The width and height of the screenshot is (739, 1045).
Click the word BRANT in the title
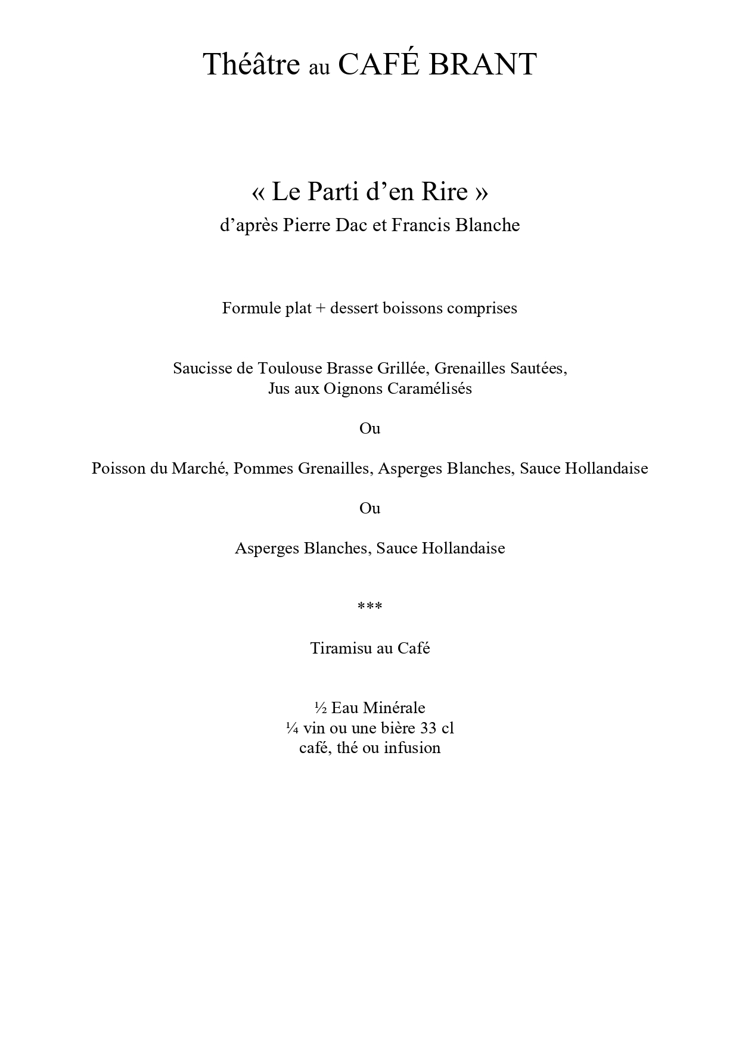[483, 64]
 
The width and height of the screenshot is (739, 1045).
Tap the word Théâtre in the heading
[251, 64]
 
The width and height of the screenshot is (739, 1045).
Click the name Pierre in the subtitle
[305, 225]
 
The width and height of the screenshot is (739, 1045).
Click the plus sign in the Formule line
[321, 309]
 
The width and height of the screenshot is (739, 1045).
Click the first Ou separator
[369, 428]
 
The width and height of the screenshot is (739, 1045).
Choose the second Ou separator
[369, 508]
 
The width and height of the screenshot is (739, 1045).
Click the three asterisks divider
[369, 606]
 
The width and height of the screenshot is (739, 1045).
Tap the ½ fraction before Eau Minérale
[320, 708]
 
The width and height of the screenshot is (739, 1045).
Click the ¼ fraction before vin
[292, 728]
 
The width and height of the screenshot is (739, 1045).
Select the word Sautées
[543, 368]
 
